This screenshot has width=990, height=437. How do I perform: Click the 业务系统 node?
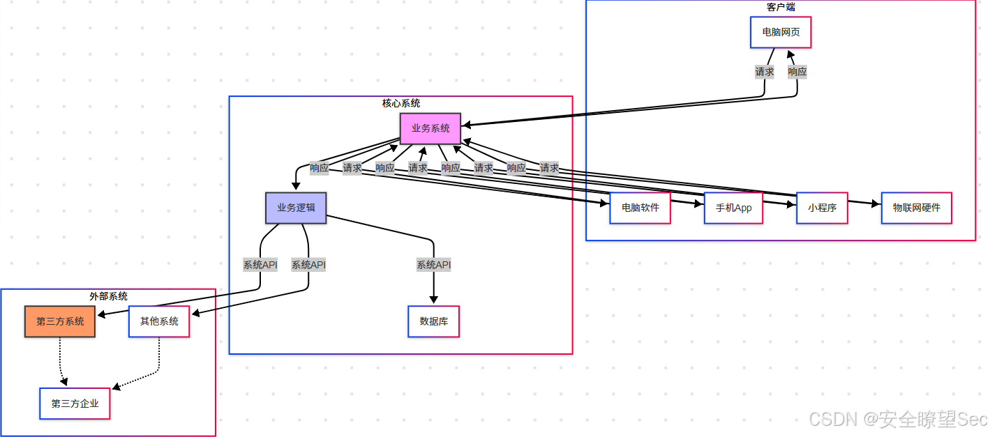(x=430, y=128)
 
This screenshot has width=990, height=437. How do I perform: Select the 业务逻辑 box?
(x=296, y=208)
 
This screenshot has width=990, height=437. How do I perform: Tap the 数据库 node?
(x=433, y=321)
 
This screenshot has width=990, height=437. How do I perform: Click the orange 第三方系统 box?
(x=60, y=321)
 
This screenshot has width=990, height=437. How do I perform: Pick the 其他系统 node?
(x=159, y=321)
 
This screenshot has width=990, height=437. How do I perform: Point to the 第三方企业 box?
(x=75, y=404)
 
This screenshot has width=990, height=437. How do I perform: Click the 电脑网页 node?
(x=781, y=32)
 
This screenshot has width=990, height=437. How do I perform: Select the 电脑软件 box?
(x=640, y=208)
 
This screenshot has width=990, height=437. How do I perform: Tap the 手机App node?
(x=733, y=208)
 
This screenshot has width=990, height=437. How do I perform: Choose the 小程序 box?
(x=822, y=208)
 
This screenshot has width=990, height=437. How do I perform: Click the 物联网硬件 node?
(x=916, y=208)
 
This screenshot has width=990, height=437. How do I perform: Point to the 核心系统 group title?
(x=401, y=103)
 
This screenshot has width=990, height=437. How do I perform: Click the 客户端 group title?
(x=781, y=7)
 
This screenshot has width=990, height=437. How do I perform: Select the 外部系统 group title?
(x=108, y=296)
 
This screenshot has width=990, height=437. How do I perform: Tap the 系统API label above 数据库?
(x=433, y=265)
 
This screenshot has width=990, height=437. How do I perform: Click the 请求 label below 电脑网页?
(x=764, y=71)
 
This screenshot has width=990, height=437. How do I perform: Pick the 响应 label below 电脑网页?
(x=797, y=71)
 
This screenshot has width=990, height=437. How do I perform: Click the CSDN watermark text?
(x=897, y=419)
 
